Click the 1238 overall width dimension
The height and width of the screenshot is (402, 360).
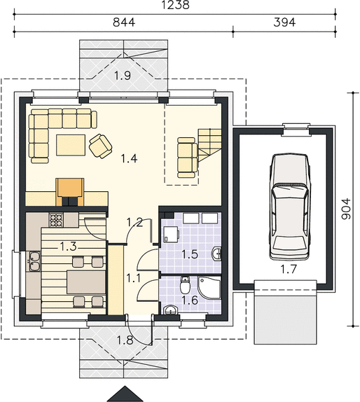coord(176,5)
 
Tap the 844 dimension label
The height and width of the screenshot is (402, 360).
coord(124,22)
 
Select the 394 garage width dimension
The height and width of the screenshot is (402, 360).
coord(284,22)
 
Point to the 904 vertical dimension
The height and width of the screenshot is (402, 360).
coord(346,209)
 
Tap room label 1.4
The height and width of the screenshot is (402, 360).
coord(129,158)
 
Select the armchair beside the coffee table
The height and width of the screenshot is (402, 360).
coord(100,146)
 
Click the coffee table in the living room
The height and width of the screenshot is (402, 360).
coord(71,145)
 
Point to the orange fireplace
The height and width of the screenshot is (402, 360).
coord(70,193)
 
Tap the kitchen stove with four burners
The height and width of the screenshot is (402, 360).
coord(56,220)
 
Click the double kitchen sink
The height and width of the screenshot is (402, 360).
coord(34,261)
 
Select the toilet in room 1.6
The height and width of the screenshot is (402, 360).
coord(185,285)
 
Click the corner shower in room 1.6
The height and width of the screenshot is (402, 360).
coord(209,288)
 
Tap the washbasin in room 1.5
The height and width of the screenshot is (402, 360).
coord(216,254)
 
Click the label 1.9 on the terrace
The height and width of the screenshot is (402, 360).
coord(123,76)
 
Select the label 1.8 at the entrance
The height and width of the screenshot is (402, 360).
coord(125,340)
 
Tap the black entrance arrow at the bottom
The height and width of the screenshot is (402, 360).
coord(125,395)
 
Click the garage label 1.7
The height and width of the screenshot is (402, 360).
coord(288,269)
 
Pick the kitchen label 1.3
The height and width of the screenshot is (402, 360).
coord(68,247)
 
